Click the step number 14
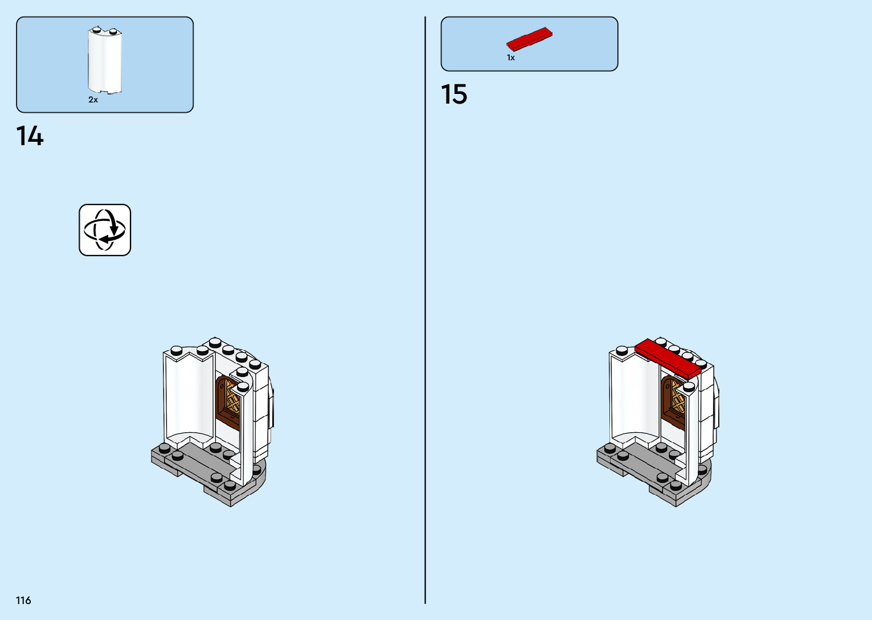[30, 137]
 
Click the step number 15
[454, 95]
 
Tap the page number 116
[23, 600]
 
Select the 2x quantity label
[93, 100]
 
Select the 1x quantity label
[511, 58]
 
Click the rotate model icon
[105, 230]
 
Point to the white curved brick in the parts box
[105, 60]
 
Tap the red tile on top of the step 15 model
[667, 358]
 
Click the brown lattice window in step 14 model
[231, 399]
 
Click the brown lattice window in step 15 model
[677, 399]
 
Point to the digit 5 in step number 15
[460, 95]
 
